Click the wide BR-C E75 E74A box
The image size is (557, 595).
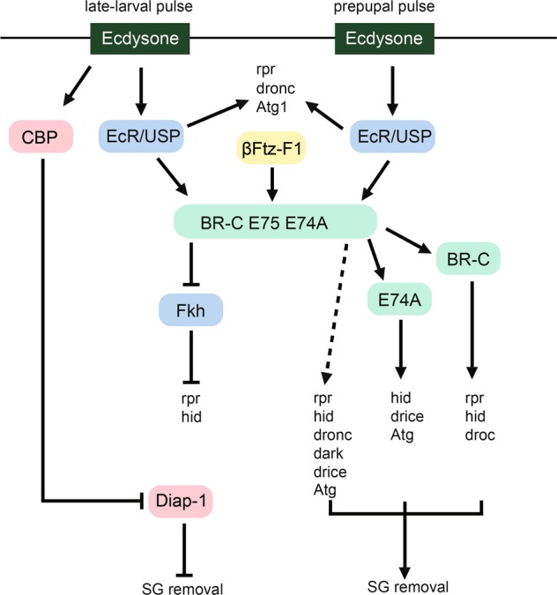[276, 219]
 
